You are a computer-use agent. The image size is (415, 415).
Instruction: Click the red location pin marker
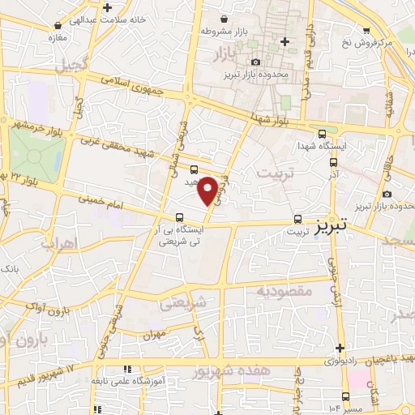tap(208, 189)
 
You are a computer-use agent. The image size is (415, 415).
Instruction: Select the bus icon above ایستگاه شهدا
tap(323, 135)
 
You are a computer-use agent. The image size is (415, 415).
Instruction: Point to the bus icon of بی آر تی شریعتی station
tap(178, 217)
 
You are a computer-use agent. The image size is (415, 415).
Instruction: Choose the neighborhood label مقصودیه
tap(284, 289)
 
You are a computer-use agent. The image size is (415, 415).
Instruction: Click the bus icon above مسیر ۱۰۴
tap(346, 396)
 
